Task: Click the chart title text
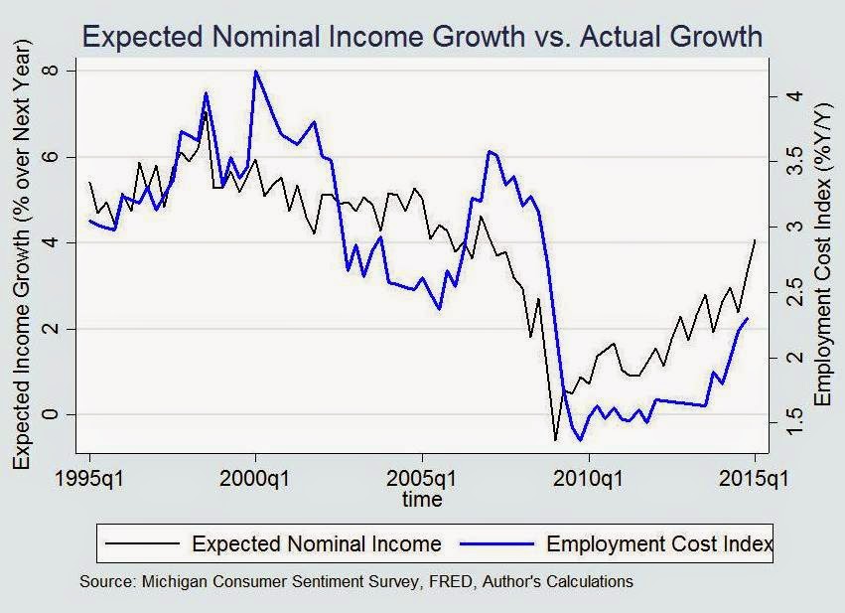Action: [x=422, y=38]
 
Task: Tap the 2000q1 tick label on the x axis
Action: [x=255, y=480]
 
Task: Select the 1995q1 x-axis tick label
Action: [x=89, y=480]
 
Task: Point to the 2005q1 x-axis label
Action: [x=422, y=480]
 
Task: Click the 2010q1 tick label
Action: [x=588, y=480]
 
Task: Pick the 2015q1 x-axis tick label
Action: [x=753, y=480]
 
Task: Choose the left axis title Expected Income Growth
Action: [x=24, y=254]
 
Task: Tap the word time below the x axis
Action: [x=422, y=500]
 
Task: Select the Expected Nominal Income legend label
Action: [x=317, y=543]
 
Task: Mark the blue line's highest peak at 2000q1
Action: [x=256, y=72]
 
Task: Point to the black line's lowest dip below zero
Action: [x=555, y=439]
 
